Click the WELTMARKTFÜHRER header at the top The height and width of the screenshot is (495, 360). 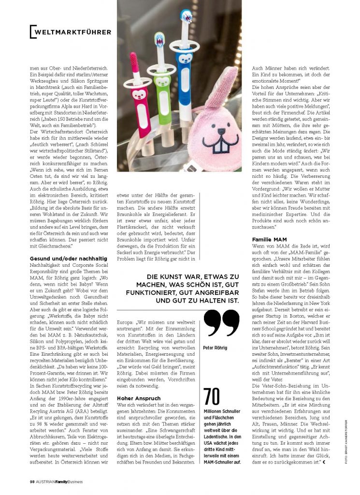pos(72,32)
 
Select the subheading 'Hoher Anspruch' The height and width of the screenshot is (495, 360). pos(134,398)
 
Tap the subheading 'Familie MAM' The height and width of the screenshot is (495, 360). pos(270,239)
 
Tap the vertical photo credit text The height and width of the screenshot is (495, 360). pos(346,436)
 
